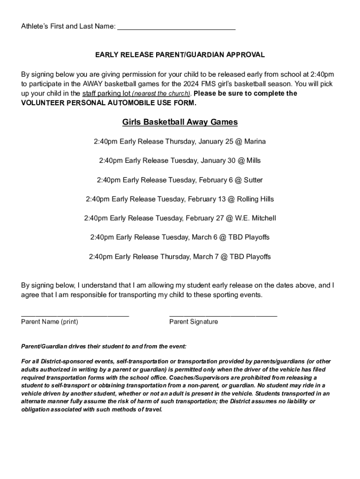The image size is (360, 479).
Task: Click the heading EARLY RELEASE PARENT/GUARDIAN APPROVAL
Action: point(180,55)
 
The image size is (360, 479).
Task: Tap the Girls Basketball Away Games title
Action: point(180,122)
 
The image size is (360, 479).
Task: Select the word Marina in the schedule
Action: point(255,141)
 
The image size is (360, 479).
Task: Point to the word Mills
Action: point(253,160)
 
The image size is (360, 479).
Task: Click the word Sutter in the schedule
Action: point(253,180)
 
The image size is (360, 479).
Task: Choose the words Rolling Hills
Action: point(255,199)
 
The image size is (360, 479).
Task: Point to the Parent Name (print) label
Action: point(50,322)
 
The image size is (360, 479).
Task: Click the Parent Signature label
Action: point(194,322)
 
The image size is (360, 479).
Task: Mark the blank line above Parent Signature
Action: point(223,316)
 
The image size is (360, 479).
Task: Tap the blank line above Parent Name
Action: point(75,316)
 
